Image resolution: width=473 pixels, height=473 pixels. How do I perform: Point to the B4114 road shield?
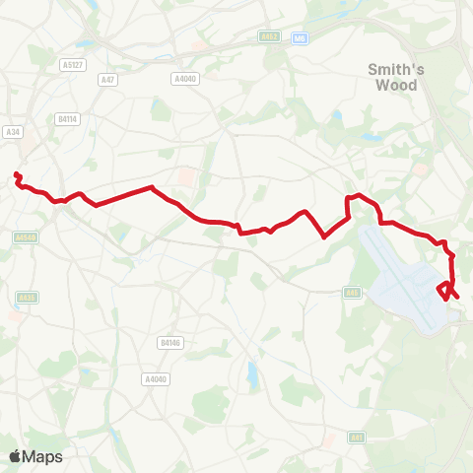[67, 118]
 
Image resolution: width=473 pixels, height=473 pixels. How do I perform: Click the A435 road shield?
[27, 298]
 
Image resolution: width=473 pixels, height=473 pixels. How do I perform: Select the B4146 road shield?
[169, 343]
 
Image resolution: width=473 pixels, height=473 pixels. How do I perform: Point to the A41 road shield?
[357, 438]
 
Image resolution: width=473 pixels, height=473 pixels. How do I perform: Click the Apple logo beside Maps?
[16, 456]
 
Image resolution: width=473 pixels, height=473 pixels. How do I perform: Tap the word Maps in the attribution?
[43, 456]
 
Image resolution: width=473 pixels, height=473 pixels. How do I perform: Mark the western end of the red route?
[16, 175]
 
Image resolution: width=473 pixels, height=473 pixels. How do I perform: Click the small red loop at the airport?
[445, 290]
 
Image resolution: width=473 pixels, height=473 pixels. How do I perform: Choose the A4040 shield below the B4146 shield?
[155, 378]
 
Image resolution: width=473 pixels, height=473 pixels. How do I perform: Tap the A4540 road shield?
[27, 236]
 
